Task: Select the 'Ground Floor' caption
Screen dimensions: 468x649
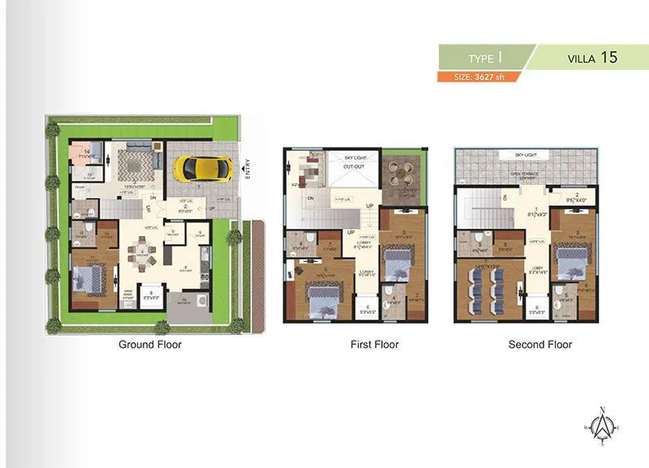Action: pyautogui.click(x=150, y=345)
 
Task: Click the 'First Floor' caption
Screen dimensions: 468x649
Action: pyautogui.click(x=374, y=345)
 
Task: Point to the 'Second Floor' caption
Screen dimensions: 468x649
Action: pyautogui.click(x=539, y=345)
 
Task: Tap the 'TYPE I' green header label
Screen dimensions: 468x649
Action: pyautogui.click(x=484, y=58)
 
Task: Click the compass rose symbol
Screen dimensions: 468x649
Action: pyautogui.click(x=602, y=425)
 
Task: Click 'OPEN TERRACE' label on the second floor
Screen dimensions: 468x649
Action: pyautogui.click(x=526, y=174)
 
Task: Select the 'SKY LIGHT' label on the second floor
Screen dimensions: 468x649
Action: pyautogui.click(x=526, y=154)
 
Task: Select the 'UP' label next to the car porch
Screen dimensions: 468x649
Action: pyautogui.click(x=213, y=208)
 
